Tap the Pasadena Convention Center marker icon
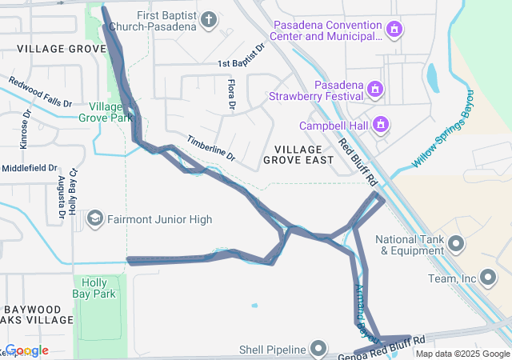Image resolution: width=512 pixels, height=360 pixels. click(394, 30)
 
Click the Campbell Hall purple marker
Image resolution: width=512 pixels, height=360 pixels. click(382, 125)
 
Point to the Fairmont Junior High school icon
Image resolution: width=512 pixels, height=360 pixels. click(95, 219)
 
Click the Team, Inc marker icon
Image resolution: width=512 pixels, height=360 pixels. click(489, 278)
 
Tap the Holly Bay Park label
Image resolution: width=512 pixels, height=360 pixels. click(99, 288)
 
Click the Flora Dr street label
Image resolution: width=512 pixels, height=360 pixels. click(230, 94)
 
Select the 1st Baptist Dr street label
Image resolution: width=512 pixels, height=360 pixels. click(241, 56)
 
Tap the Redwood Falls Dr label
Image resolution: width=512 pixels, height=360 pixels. click(40, 92)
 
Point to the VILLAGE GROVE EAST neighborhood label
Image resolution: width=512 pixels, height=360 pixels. click(298, 155)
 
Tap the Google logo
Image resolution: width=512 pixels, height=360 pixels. click(26, 350)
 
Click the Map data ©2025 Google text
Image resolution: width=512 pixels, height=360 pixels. click(461, 354)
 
